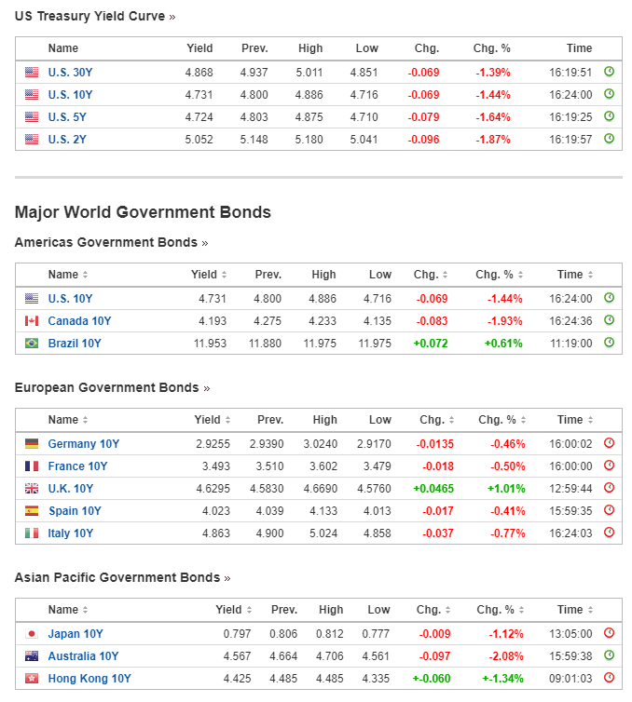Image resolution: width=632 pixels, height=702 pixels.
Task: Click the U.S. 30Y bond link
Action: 70,72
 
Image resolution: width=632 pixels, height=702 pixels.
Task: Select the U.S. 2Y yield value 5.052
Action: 199,139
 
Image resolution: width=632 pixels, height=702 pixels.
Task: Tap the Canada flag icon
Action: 32,321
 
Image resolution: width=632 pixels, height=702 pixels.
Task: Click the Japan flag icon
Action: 32,634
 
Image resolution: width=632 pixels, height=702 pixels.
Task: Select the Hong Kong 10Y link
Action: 89,679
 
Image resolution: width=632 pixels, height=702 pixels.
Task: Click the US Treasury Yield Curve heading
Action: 89,16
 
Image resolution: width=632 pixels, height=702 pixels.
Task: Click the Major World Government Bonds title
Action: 143,212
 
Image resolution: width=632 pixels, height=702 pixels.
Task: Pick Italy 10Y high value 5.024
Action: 322,533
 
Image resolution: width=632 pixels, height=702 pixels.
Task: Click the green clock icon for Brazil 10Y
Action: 609,343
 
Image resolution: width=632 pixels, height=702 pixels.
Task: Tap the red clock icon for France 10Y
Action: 609,466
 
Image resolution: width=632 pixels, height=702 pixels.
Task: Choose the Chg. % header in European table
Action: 495,420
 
